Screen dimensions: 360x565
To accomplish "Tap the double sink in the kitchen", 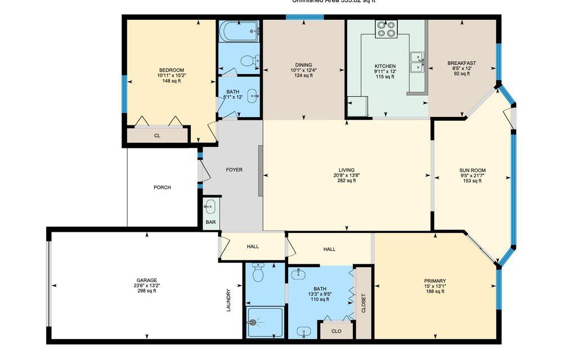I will tap(417, 62).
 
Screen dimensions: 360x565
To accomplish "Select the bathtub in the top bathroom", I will tap(239, 31).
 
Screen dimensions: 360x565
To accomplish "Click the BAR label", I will tap(211, 222).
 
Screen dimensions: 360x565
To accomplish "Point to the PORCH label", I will tap(162, 187).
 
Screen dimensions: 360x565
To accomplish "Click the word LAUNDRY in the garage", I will tap(228, 300).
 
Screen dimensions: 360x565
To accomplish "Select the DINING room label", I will tap(303, 65).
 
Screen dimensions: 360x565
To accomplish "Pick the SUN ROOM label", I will tap(472, 170).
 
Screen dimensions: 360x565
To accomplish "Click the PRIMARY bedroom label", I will tap(435, 281).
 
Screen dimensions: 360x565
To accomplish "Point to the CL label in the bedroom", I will tap(158, 136).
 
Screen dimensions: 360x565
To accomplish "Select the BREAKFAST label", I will tap(461, 63).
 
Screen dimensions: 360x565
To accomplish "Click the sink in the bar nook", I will tap(210, 206).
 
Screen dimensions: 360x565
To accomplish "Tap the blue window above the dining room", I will tap(304, 17).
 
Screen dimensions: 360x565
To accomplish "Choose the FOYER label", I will tap(234, 170).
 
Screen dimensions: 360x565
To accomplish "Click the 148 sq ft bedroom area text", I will tap(171, 80).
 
